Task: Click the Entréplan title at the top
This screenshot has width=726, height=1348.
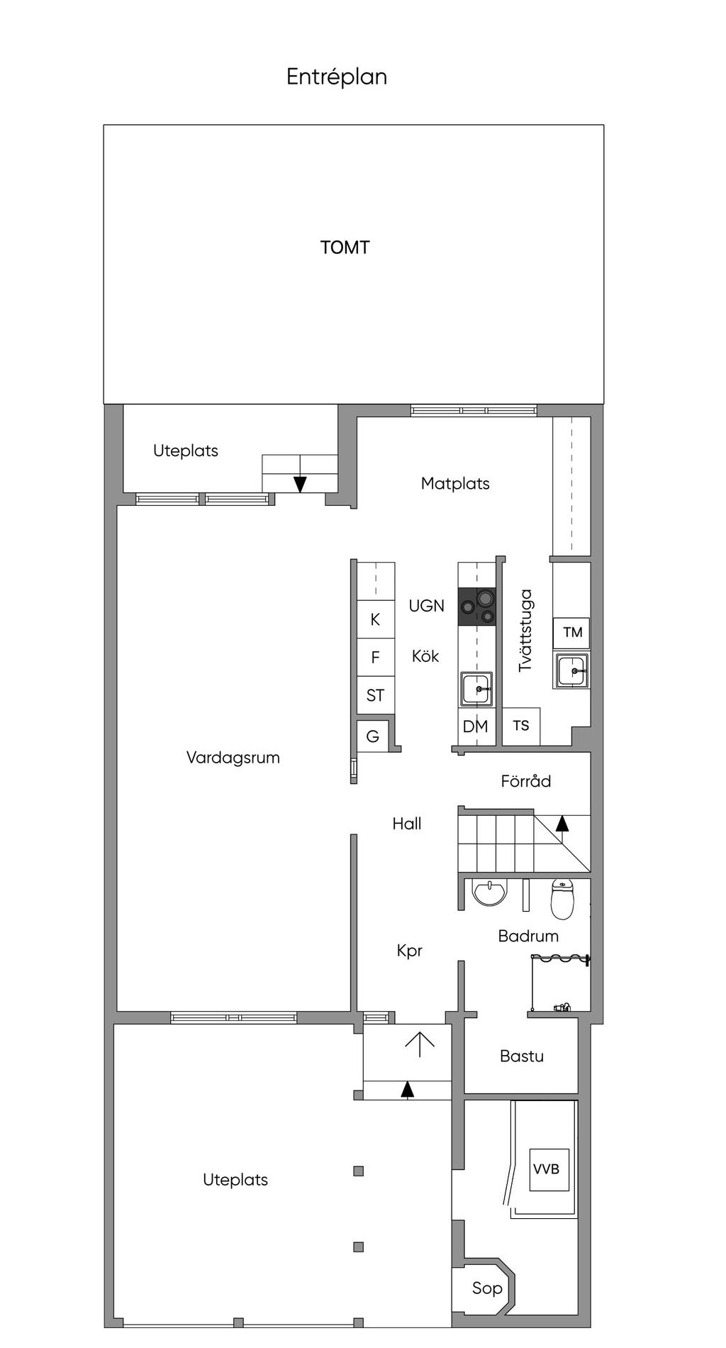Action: click(337, 77)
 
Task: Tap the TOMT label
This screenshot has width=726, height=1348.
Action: click(345, 248)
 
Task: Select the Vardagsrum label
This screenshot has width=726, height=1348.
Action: click(233, 758)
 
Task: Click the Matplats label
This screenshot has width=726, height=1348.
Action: click(455, 484)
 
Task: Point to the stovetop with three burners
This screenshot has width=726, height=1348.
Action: click(476, 607)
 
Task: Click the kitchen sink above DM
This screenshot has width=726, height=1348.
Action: click(477, 689)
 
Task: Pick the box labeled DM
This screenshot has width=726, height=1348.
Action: click(476, 727)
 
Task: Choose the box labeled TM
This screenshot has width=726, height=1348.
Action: click(572, 632)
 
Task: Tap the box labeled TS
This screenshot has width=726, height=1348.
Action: click(521, 726)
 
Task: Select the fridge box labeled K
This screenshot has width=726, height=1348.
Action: click(375, 619)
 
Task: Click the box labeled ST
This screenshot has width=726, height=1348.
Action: click(375, 695)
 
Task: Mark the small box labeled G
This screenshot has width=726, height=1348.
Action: click(373, 736)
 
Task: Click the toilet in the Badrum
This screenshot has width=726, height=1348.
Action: click(562, 899)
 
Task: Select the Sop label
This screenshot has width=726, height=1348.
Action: click(487, 1288)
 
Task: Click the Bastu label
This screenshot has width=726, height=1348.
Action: click(522, 1056)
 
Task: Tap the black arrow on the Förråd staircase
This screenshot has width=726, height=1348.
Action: click(562, 823)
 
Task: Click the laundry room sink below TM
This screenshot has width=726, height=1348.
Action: click(571, 670)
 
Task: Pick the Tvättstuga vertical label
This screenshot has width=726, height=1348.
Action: click(525, 631)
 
